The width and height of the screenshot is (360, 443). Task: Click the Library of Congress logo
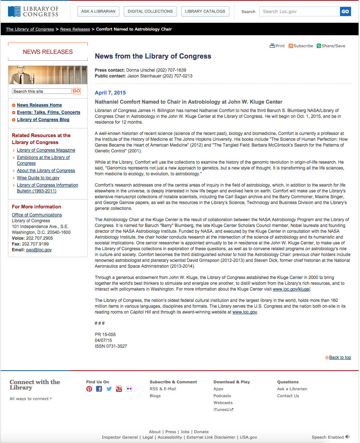point(33,11)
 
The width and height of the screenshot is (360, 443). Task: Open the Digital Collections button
point(150,11)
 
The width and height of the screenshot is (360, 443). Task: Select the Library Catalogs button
point(205,11)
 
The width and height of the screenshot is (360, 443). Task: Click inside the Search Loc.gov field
point(299,12)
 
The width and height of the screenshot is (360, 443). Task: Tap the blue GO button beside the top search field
point(345,12)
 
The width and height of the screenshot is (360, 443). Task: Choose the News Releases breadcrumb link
point(75,29)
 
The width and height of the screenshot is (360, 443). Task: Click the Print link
point(277,46)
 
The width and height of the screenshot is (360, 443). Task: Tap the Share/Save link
point(331,46)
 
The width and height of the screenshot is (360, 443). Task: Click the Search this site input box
point(42,91)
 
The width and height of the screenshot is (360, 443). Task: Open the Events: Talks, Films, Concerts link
point(48,112)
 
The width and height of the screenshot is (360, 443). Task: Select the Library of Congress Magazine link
point(46,150)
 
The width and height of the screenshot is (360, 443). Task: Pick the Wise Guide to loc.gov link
point(38,178)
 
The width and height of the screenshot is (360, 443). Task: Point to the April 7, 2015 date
point(110,93)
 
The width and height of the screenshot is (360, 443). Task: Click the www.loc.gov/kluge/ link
point(292,289)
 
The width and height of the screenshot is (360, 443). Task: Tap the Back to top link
point(340,358)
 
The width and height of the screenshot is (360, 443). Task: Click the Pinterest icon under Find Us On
point(89,389)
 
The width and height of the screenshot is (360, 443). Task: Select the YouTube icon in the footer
point(119,389)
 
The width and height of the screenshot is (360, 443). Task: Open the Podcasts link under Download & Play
point(222,396)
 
